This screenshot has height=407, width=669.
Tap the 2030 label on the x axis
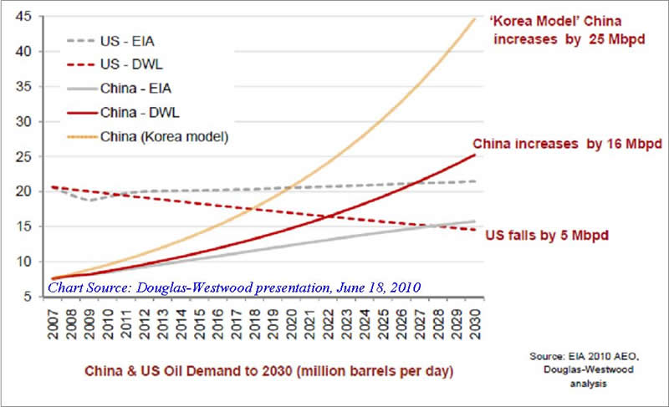tap(475, 323)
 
